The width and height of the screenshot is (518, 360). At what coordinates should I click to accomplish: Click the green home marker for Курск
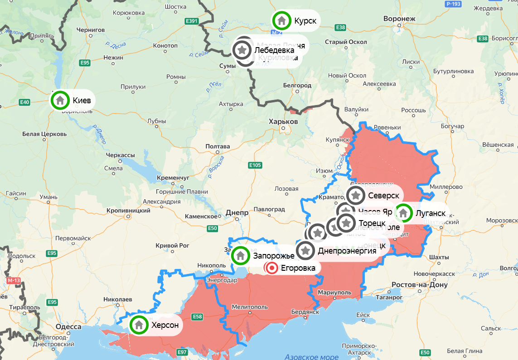281,21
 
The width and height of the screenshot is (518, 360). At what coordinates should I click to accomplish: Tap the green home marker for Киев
60,101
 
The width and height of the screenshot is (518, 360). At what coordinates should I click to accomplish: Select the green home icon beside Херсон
139,325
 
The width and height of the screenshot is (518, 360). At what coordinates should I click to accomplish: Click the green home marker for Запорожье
240,256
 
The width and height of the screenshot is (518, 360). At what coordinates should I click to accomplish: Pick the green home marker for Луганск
403,213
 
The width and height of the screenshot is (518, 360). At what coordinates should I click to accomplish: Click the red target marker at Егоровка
272,268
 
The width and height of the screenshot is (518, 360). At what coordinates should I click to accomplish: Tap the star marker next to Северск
356,196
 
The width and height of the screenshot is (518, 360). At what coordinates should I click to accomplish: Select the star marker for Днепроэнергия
306,250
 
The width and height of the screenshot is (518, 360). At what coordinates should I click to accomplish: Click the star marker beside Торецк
347,223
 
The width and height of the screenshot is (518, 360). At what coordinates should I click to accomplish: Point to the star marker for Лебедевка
242,50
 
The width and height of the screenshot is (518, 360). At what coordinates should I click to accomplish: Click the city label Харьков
283,122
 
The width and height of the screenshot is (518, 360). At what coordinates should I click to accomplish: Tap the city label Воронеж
399,19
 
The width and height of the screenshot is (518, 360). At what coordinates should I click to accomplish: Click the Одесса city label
68,326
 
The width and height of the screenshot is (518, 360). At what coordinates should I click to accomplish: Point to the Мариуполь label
334,293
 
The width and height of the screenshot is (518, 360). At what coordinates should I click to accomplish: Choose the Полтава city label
218,147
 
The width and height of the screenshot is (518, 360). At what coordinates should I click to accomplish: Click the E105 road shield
255,165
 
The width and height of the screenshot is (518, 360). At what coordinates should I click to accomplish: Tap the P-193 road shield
453,4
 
